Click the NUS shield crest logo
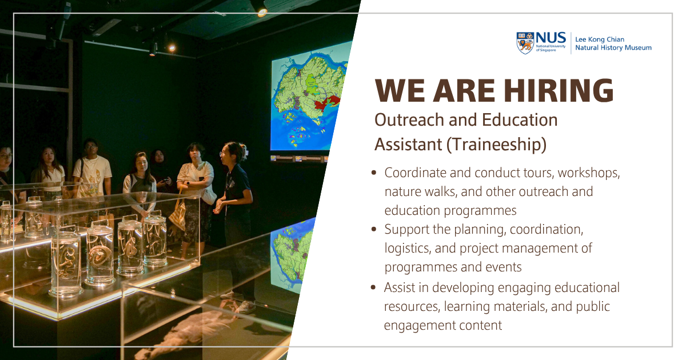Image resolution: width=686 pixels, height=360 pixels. (x=525, y=43)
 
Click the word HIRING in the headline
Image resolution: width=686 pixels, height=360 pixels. (x=559, y=91)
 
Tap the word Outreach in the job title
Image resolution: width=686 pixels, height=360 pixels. (x=409, y=119)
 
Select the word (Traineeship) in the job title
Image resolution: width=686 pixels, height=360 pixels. (x=496, y=145)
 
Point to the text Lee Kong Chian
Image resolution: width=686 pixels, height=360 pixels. (x=600, y=39)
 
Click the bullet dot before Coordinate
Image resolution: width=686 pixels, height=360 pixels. (x=373, y=173)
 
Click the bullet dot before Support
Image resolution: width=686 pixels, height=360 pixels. (x=373, y=229)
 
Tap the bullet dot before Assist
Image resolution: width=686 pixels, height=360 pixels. (x=373, y=287)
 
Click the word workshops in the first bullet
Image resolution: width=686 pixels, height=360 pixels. (x=589, y=173)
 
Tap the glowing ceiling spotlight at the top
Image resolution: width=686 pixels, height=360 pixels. (x=262, y=12)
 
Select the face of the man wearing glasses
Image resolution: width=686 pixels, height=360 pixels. (x=91, y=148)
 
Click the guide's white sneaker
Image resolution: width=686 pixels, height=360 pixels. (x=246, y=306)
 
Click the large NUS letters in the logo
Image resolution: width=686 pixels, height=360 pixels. (x=551, y=38)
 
